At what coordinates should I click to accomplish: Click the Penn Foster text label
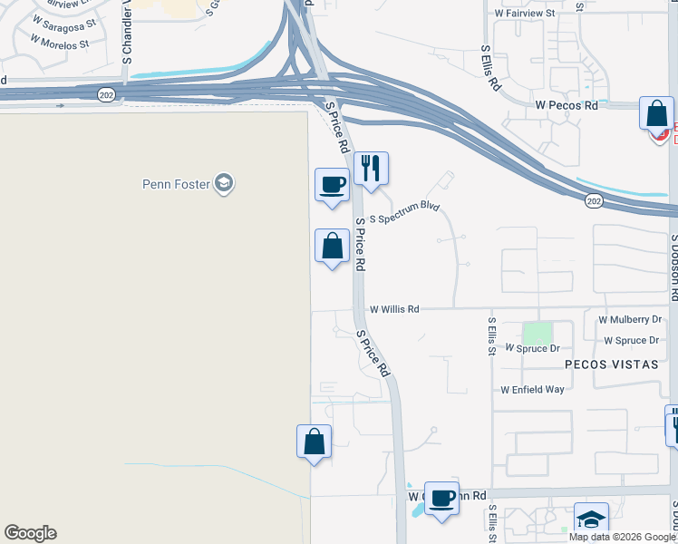pyautogui.click(x=176, y=184)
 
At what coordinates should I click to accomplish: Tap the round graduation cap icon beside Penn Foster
pyautogui.click(x=224, y=184)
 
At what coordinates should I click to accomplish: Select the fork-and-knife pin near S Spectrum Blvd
pyautogui.click(x=371, y=170)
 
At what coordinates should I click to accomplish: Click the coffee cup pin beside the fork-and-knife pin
pyautogui.click(x=332, y=186)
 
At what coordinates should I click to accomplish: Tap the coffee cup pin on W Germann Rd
pyautogui.click(x=441, y=498)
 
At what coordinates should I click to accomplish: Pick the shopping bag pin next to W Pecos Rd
pyautogui.click(x=656, y=115)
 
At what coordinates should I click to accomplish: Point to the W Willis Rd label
pyautogui.click(x=394, y=309)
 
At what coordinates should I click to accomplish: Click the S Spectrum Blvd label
pyautogui.click(x=404, y=207)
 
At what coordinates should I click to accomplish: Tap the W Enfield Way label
pyautogui.click(x=533, y=390)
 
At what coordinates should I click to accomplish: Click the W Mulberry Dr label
pyautogui.click(x=630, y=320)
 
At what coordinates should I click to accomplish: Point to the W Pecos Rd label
pyautogui.click(x=567, y=106)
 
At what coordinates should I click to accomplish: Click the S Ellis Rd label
pyautogui.click(x=490, y=68)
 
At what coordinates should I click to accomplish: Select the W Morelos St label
pyautogui.click(x=60, y=43)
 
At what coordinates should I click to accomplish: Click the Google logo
pyautogui.click(x=30, y=533)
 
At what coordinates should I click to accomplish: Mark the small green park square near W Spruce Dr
pyautogui.click(x=538, y=333)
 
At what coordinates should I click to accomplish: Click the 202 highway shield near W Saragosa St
pyautogui.click(x=108, y=94)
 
